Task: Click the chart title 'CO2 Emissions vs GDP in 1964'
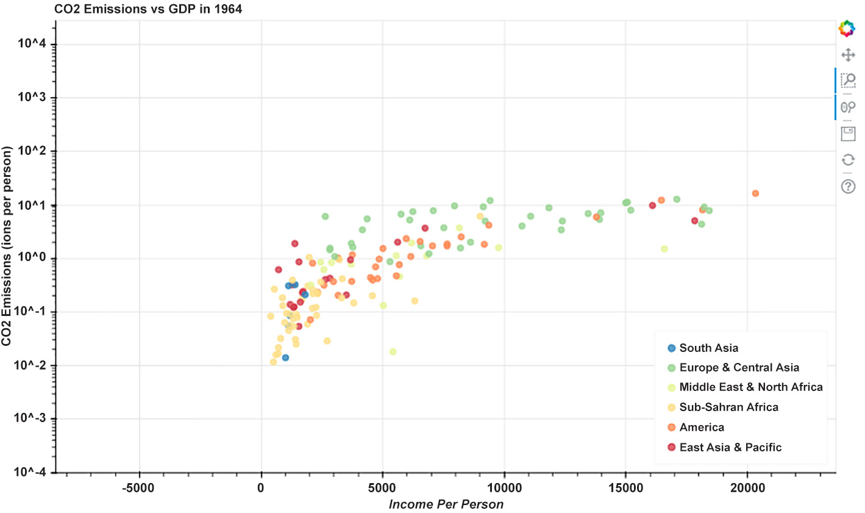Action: click(x=148, y=9)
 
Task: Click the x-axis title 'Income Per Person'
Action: click(x=446, y=504)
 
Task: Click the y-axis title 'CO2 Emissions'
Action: click(x=7, y=246)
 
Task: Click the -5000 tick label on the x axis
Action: click(x=139, y=487)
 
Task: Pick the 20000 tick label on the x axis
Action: click(x=747, y=487)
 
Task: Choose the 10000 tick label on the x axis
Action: click(x=504, y=487)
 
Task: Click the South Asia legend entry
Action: click(x=708, y=348)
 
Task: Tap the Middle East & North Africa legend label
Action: click(x=751, y=387)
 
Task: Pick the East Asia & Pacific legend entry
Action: click(x=730, y=447)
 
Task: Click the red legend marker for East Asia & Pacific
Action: click(x=672, y=447)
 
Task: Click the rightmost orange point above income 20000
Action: click(x=755, y=193)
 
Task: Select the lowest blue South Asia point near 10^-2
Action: click(x=285, y=357)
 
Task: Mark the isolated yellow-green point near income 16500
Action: click(x=664, y=249)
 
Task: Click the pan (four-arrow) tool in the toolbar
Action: click(x=848, y=55)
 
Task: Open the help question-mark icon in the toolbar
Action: click(x=848, y=186)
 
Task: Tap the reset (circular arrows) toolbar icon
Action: click(x=848, y=160)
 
